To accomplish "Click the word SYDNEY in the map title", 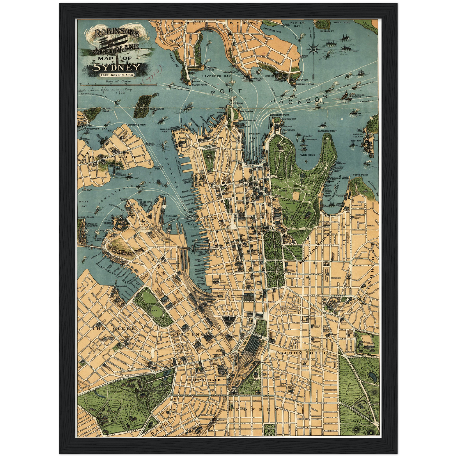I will tap(116, 67).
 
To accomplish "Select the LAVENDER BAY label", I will tap(212, 76).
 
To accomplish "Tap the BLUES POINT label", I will tap(199, 85).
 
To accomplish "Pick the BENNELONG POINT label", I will tap(280, 115).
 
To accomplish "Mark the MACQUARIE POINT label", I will tap(327, 131).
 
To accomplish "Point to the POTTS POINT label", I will tap(361, 175).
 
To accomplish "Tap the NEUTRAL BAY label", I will tap(297, 24).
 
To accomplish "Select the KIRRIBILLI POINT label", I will tap(306, 85).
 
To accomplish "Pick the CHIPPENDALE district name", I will tap(203, 380).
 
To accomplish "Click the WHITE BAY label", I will tap(84, 204).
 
